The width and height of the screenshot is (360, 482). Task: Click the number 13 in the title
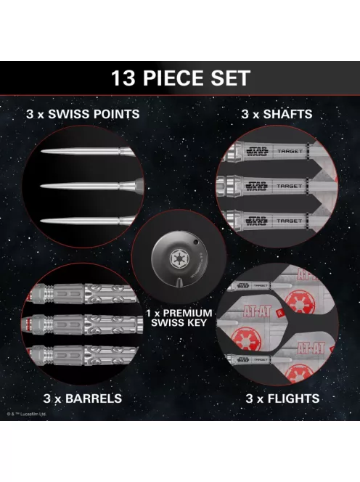(x=126, y=78)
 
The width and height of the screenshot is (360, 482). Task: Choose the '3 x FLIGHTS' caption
(x=279, y=399)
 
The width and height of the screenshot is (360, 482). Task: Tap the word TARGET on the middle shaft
(x=290, y=187)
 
